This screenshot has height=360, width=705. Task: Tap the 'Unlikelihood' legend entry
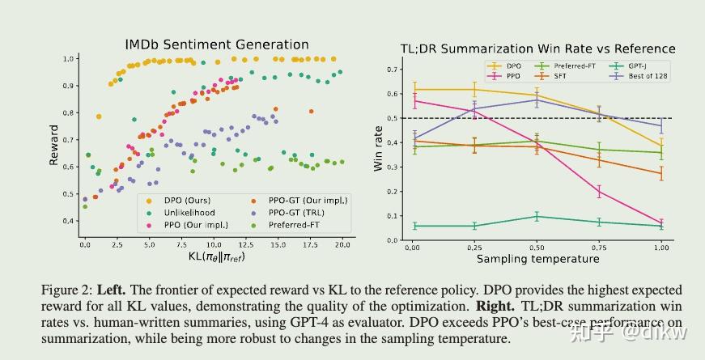185,213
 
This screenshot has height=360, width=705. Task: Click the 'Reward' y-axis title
54,145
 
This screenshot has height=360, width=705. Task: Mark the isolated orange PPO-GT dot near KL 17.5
312,112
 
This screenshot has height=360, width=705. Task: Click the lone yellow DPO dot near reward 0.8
99,116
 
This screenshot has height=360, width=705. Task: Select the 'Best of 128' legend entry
642,76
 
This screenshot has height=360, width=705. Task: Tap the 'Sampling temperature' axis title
537,259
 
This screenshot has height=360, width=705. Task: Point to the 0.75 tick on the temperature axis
599,247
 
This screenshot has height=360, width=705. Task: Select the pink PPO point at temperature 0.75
599,192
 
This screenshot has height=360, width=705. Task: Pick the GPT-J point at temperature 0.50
537,217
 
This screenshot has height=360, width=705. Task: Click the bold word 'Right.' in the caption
494,307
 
